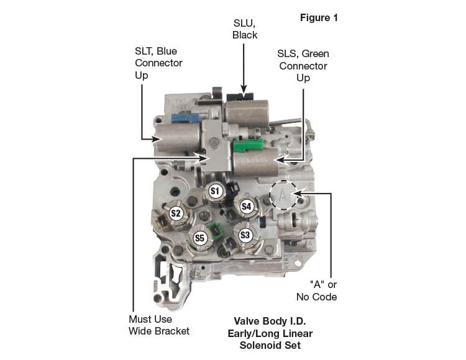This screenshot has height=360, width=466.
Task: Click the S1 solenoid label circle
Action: (216, 191)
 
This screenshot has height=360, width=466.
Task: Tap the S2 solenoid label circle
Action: (176, 214)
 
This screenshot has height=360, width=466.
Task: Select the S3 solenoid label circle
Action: (245, 235)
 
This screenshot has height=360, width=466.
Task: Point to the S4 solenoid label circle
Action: (247, 205)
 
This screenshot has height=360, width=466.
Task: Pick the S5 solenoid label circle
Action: (199, 237)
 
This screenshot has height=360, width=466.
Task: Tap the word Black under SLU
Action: (245, 35)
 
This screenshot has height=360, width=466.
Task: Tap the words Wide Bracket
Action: (158, 331)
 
